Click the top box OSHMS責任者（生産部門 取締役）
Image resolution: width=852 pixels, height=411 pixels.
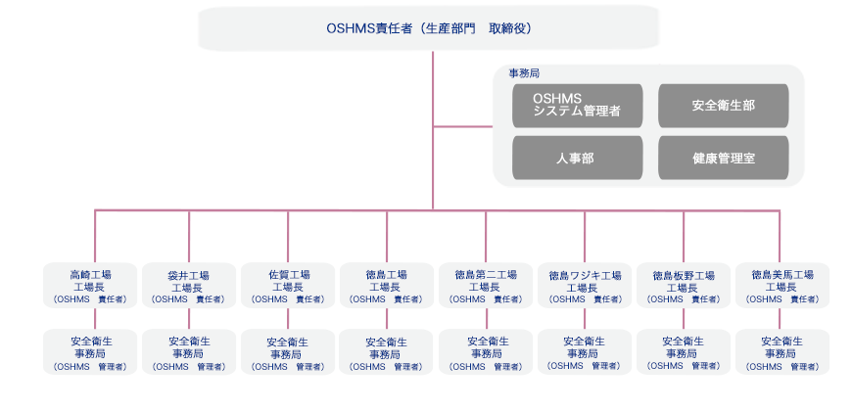coord(429,28)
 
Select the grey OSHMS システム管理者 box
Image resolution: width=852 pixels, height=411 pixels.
coord(577,106)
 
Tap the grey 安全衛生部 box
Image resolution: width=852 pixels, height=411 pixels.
coord(724,106)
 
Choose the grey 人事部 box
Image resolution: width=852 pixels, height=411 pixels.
coord(577,158)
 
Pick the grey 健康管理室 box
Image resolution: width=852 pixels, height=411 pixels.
coord(724,158)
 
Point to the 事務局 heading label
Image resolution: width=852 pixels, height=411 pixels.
coord(524,73)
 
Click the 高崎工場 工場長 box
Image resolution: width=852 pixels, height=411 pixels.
coord(90,286)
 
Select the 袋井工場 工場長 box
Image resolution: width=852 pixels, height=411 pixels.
coord(189,286)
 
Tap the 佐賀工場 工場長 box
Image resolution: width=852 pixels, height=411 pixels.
coord(288,286)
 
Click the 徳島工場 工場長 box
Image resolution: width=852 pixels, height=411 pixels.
coord(386,286)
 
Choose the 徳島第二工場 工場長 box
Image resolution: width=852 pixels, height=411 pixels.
coord(486,286)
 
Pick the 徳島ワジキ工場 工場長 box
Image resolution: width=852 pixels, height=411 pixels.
coord(585,286)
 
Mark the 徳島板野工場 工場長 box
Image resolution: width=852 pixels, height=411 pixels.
coord(684,286)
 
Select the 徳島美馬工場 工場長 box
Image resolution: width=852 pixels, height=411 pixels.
coord(782,286)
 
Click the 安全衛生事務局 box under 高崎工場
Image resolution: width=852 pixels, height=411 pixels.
coord(90,352)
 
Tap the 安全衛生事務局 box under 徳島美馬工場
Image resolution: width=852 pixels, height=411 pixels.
coord(782,352)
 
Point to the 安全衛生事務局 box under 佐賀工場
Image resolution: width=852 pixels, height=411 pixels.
coord(288,352)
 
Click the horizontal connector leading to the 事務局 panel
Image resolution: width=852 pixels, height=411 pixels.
coord(463,127)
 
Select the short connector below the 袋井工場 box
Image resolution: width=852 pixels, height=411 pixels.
coord(189,319)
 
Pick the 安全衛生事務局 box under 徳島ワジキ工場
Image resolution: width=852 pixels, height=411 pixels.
coord(585,352)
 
